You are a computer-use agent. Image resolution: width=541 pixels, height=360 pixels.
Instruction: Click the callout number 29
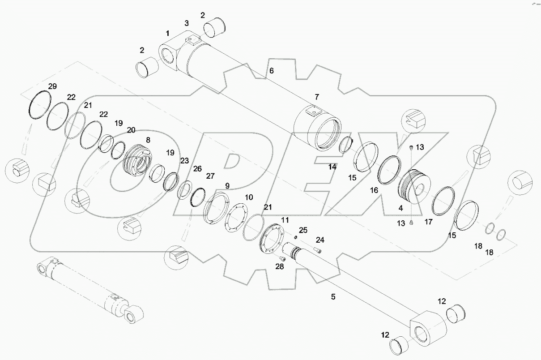(52, 86)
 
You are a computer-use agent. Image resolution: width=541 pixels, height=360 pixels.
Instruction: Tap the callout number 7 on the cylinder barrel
(317, 97)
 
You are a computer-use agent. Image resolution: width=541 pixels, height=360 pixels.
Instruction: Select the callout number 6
(271, 71)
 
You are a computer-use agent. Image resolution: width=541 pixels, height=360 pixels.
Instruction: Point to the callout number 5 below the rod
(333, 296)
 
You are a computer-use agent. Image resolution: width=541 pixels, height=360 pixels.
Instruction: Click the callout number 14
(332, 167)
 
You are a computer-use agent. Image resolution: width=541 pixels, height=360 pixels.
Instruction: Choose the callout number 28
(280, 267)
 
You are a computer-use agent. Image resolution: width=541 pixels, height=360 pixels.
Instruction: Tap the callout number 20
(131, 130)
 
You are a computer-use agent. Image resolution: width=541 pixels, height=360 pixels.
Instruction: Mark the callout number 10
(249, 197)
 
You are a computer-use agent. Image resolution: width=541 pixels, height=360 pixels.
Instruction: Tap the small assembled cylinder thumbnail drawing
(89, 289)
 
